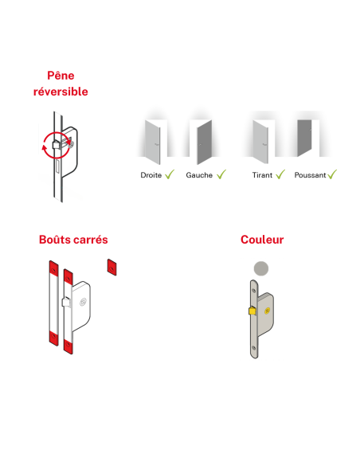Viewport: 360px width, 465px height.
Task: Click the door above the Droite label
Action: (x=153, y=141)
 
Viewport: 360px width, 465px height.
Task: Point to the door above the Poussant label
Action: (x=304, y=140)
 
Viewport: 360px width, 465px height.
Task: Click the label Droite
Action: (x=151, y=174)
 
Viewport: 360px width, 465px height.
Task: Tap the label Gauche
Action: (x=199, y=174)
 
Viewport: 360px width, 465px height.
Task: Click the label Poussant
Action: (x=310, y=174)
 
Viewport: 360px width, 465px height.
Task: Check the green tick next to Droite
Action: (x=169, y=174)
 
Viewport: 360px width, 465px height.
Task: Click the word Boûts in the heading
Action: (x=56, y=239)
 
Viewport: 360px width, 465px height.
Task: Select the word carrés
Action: (x=91, y=239)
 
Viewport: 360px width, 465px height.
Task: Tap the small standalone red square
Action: (x=112, y=265)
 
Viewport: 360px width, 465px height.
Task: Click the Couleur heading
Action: (x=262, y=239)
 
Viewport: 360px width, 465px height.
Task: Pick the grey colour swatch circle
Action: (x=260, y=269)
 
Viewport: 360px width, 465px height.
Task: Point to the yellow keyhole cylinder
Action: (x=268, y=311)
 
